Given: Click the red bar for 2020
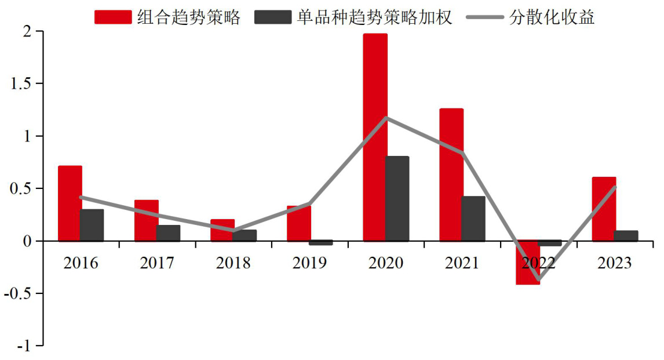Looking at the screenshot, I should click(375, 137).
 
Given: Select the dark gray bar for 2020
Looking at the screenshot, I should click(397, 198).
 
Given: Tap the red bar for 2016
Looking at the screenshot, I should click(70, 203).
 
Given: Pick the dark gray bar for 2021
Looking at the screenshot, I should click(473, 219).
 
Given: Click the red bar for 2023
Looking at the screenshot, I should click(604, 209).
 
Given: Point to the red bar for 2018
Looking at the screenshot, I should click(222, 230).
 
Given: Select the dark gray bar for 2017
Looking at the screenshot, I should click(168, 233).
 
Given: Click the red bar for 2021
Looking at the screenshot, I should click(451, 174).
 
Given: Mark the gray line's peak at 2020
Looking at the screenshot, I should click(386, 118).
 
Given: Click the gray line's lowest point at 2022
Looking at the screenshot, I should click(539, 280).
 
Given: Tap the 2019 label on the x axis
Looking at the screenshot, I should click(309, 263).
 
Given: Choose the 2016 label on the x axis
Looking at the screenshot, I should click(81, 263).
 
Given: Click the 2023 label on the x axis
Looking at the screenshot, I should click(615, 263).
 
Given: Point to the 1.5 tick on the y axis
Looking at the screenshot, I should click(23, 83).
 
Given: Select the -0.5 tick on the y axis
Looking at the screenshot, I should click(21, 293).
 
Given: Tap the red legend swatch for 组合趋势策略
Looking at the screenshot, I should click(113, 17).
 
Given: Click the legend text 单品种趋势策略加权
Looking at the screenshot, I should click(374, 17).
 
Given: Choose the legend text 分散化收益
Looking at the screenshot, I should click(552, 17).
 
